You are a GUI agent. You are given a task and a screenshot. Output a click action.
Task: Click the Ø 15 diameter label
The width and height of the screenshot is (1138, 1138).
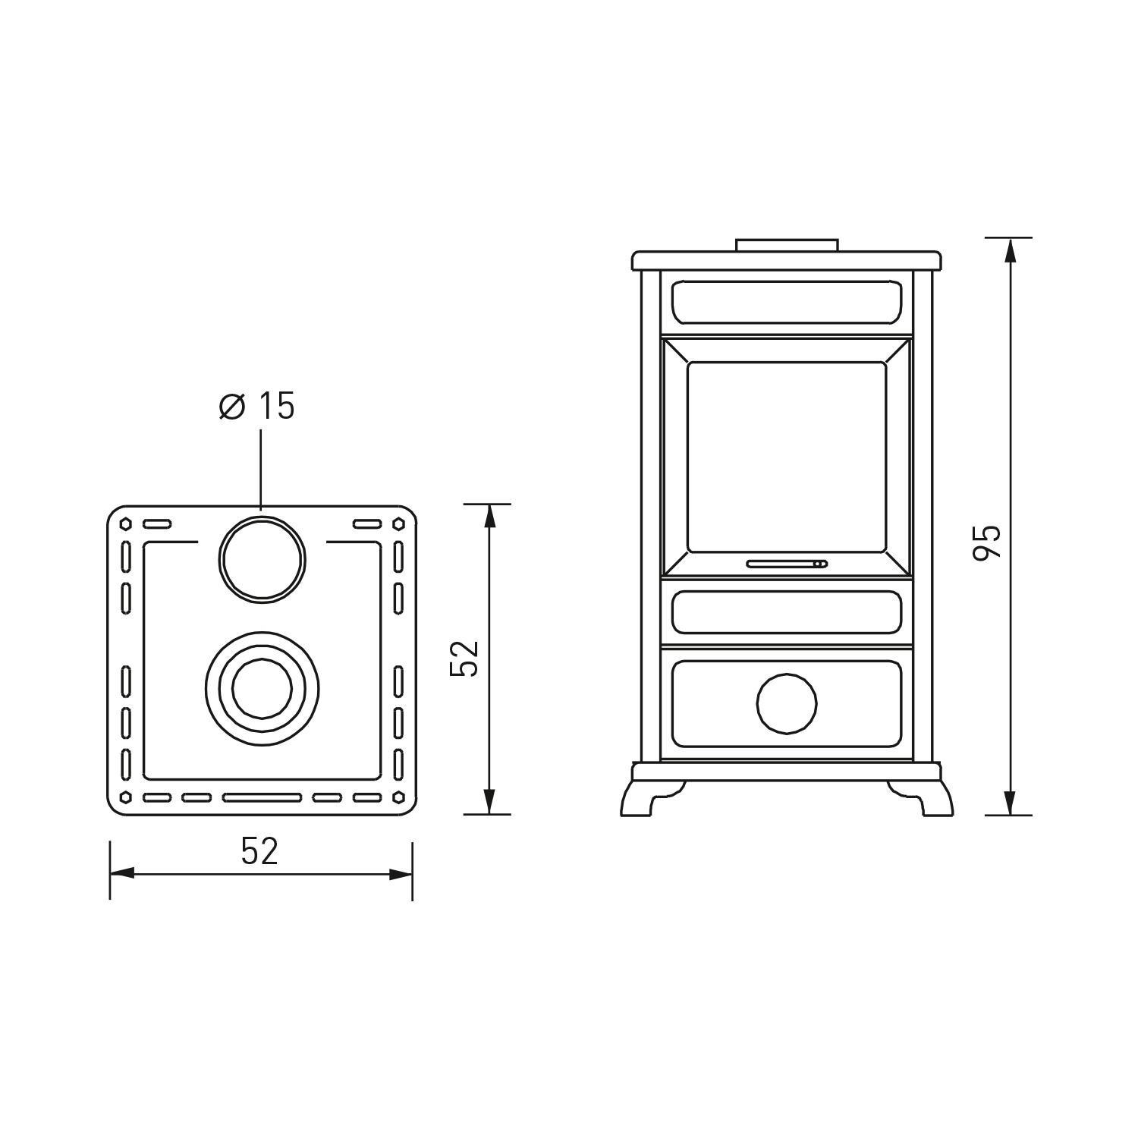tap(256, 407)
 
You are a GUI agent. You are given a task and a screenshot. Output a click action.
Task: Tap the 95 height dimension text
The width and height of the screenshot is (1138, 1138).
tap(987, 542)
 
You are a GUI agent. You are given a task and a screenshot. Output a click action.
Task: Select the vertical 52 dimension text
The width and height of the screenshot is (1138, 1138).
tap(464, 659)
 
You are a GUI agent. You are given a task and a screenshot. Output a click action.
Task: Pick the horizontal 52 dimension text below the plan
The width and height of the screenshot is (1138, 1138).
tap(259, 851)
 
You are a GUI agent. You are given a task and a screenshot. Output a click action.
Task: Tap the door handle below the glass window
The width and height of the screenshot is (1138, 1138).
tap(787, 564)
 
